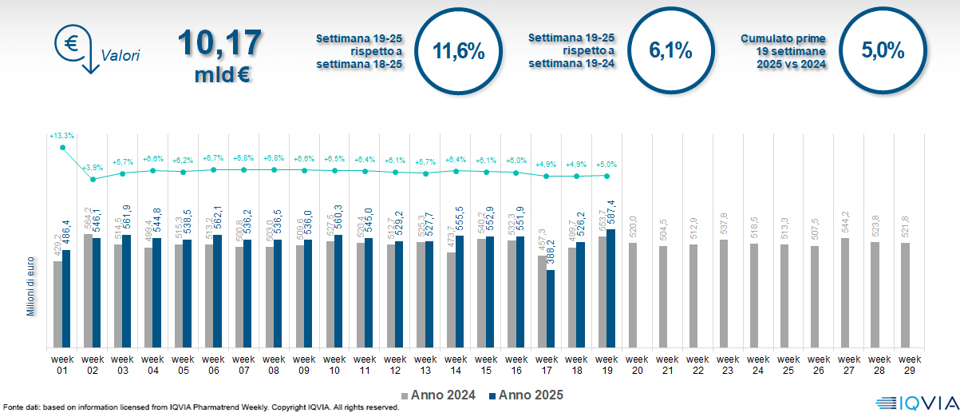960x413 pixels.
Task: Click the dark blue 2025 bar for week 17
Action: click(x=551, y=308)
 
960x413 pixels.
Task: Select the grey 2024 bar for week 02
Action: click(x=89, y=291)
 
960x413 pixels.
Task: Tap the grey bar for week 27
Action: click(x=845, y=292)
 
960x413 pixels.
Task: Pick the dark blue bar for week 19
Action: click(x=611, y=288)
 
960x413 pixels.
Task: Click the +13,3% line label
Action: click(x=61, y=137)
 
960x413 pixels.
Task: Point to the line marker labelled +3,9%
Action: click(x=93, y=179)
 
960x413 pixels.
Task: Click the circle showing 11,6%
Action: click(x=458, y=52)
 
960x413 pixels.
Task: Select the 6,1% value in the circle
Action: click(x=670, y=52)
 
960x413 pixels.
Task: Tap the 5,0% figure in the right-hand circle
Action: click(x=883, y=52)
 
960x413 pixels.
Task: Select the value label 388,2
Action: click(x=551, y=254)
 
